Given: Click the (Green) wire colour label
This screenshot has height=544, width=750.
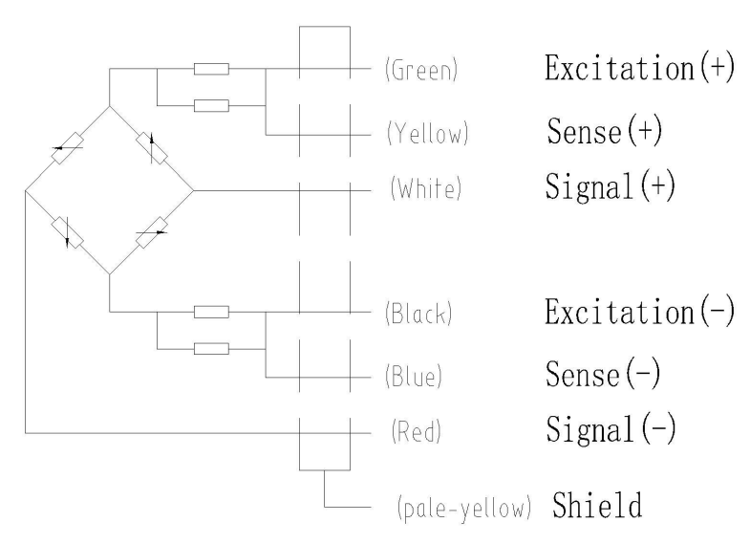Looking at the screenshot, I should tap(418, 72).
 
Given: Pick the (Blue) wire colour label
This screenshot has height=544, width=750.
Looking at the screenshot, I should tap(416, 377).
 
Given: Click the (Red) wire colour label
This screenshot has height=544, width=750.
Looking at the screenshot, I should tap(413, 433).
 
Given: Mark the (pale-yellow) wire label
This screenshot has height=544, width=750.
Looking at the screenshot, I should tap(463, 508).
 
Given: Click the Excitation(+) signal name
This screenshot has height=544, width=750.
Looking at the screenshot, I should tap(639, 70).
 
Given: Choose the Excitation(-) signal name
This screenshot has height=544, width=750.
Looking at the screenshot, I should tap(639, 312).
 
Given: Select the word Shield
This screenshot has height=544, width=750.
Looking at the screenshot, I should tap(596, 505).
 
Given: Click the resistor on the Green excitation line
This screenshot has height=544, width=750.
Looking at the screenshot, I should tap(210, 70).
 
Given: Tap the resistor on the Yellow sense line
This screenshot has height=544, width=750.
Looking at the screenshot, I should tap(210, 103).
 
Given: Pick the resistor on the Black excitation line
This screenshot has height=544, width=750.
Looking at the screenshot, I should tap(210, 312).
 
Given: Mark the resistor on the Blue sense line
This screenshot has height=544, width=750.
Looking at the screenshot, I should tap(210, 346).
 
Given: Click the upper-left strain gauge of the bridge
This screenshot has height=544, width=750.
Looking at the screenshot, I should tap(65, 149).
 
